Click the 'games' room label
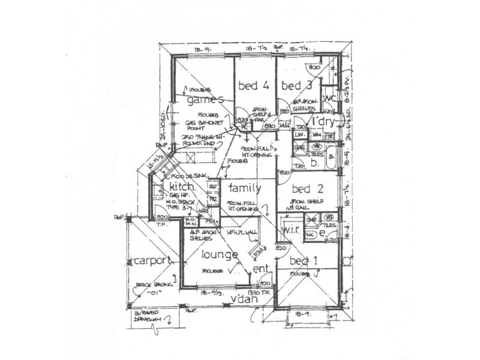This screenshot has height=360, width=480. (205, 100)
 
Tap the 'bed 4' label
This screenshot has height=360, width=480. (253, 85)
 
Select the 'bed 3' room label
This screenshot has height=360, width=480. (297, 85)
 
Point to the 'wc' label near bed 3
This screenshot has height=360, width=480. (329, 98)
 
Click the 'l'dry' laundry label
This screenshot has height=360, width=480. (328, 122)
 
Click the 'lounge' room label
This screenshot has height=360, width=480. (220, 254)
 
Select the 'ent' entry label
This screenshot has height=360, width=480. (261, 269)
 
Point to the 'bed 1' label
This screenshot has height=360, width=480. (303, 261)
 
